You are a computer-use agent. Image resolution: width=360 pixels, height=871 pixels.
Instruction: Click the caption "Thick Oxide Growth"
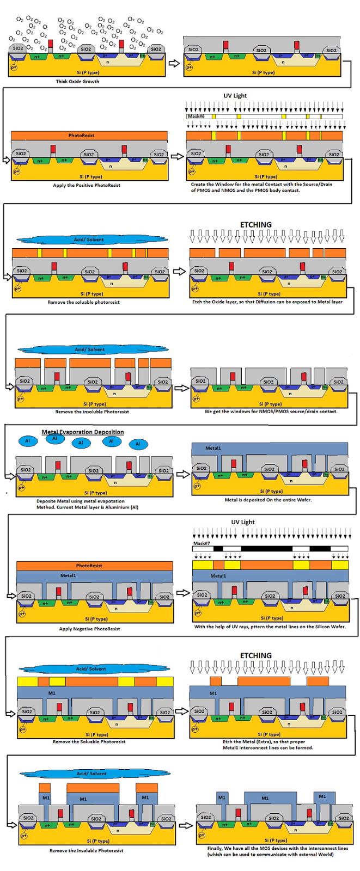point(77,82)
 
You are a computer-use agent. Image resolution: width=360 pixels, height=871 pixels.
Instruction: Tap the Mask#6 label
point(195,116)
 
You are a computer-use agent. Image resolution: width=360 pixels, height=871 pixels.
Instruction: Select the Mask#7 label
point(201,543)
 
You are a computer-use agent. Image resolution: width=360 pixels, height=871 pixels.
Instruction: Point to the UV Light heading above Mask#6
point(235,96)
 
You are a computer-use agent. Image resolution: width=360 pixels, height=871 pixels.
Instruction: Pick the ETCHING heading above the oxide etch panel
point(255,225)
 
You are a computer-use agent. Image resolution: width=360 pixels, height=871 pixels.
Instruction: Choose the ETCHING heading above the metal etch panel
point(255,655)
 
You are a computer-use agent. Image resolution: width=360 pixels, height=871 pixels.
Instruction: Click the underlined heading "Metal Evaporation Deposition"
point(83,432)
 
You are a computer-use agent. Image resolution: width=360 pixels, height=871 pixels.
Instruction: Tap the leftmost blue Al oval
point(27,441)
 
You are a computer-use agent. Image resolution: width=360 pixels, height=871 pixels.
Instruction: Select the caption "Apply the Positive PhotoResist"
point(87,186)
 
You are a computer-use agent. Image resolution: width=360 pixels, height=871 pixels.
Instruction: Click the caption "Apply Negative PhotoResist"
point(89,629)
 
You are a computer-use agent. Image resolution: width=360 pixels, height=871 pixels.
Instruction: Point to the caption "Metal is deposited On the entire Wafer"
point(268,500)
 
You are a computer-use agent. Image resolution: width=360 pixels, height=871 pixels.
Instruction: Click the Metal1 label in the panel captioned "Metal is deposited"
point(213,449)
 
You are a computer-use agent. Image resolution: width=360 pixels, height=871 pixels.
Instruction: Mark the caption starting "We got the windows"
point(271,412)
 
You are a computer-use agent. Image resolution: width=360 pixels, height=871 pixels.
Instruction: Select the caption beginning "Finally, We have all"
point(277,851)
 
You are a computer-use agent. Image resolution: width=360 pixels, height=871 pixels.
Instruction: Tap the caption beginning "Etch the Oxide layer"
point(267,302)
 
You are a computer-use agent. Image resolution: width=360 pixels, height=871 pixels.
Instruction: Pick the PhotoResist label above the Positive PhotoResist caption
point(81,136)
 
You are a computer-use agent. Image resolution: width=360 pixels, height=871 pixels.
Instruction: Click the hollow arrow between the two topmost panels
point(174,63)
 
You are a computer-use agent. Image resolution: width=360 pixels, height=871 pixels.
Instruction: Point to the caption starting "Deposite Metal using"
point(87,504)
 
